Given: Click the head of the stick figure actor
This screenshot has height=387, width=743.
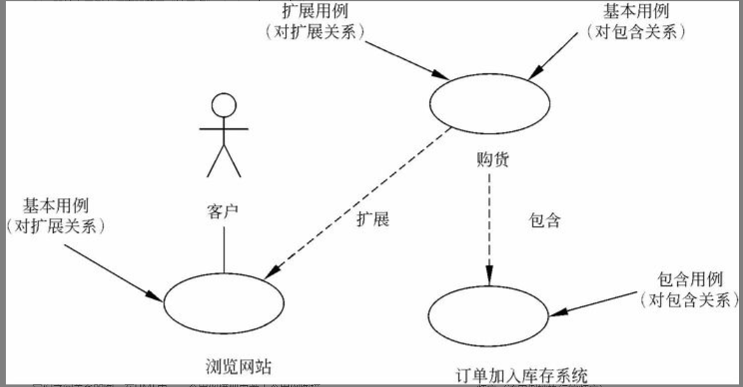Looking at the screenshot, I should pos(223,105).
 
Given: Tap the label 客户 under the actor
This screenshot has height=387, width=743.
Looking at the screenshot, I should pos(223,211).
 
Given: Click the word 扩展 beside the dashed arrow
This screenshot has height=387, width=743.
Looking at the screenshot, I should pos(372,219).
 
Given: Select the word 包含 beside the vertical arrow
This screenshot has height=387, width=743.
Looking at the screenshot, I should pos(545,221).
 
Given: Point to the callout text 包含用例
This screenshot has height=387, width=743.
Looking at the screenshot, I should pos(689,279).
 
